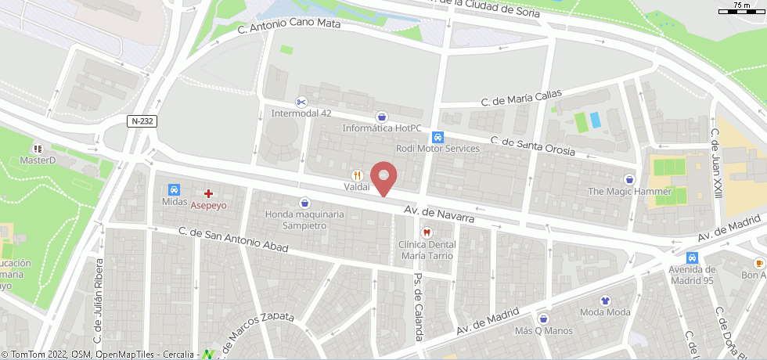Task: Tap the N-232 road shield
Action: coord(142,121)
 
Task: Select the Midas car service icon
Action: coord(174,189)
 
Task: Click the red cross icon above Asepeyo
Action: coord(209,193)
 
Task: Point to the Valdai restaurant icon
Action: coord(357,175)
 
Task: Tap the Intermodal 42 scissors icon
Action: coord(301,102)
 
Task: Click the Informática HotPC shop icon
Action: coord(381,116)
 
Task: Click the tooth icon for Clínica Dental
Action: coord(427,232)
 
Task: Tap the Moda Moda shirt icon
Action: coord(605,300)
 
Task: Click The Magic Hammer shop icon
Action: coord(630,178)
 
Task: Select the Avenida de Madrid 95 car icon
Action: coord(692,258)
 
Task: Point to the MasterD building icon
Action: coord(37,148)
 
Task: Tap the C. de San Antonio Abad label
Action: coord(233,239)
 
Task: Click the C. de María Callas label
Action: coord(521,98)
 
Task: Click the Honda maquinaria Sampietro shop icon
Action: coord(304,203)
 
